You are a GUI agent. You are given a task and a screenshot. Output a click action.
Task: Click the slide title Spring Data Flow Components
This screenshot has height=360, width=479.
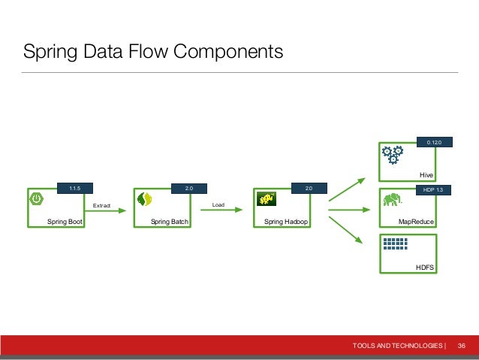click(153, 52)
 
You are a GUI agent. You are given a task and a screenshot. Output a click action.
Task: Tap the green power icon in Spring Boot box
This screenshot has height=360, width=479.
click(36, 198)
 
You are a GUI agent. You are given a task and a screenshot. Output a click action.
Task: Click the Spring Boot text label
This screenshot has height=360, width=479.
click(65, 222)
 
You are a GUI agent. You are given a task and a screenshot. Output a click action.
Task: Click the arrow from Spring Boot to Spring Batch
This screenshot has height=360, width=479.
click(107, 211)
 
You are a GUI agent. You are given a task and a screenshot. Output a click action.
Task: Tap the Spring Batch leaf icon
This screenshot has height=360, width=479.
click(145, 199)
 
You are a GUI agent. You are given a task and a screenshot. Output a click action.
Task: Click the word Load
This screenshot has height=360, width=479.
click(218, 204)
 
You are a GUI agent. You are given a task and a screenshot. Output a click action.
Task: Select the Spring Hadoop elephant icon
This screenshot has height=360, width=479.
click(264, 198)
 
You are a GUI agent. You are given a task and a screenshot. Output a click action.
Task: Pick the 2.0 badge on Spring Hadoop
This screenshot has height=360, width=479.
click(309, 189)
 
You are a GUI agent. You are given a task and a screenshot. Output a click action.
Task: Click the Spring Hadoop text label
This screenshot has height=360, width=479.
click(287, 222)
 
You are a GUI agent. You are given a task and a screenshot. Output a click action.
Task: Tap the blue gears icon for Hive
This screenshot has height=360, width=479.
click(392, 154)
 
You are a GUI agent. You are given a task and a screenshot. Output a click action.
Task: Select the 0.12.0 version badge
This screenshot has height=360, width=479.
click(434, 141)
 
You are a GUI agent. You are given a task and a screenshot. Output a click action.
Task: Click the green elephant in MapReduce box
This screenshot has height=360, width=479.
click(391, 200)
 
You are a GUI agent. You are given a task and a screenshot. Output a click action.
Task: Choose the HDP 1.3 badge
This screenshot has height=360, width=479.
click(434, 189)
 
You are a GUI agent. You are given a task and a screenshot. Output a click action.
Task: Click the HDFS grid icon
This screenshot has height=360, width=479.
click(394, 244)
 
